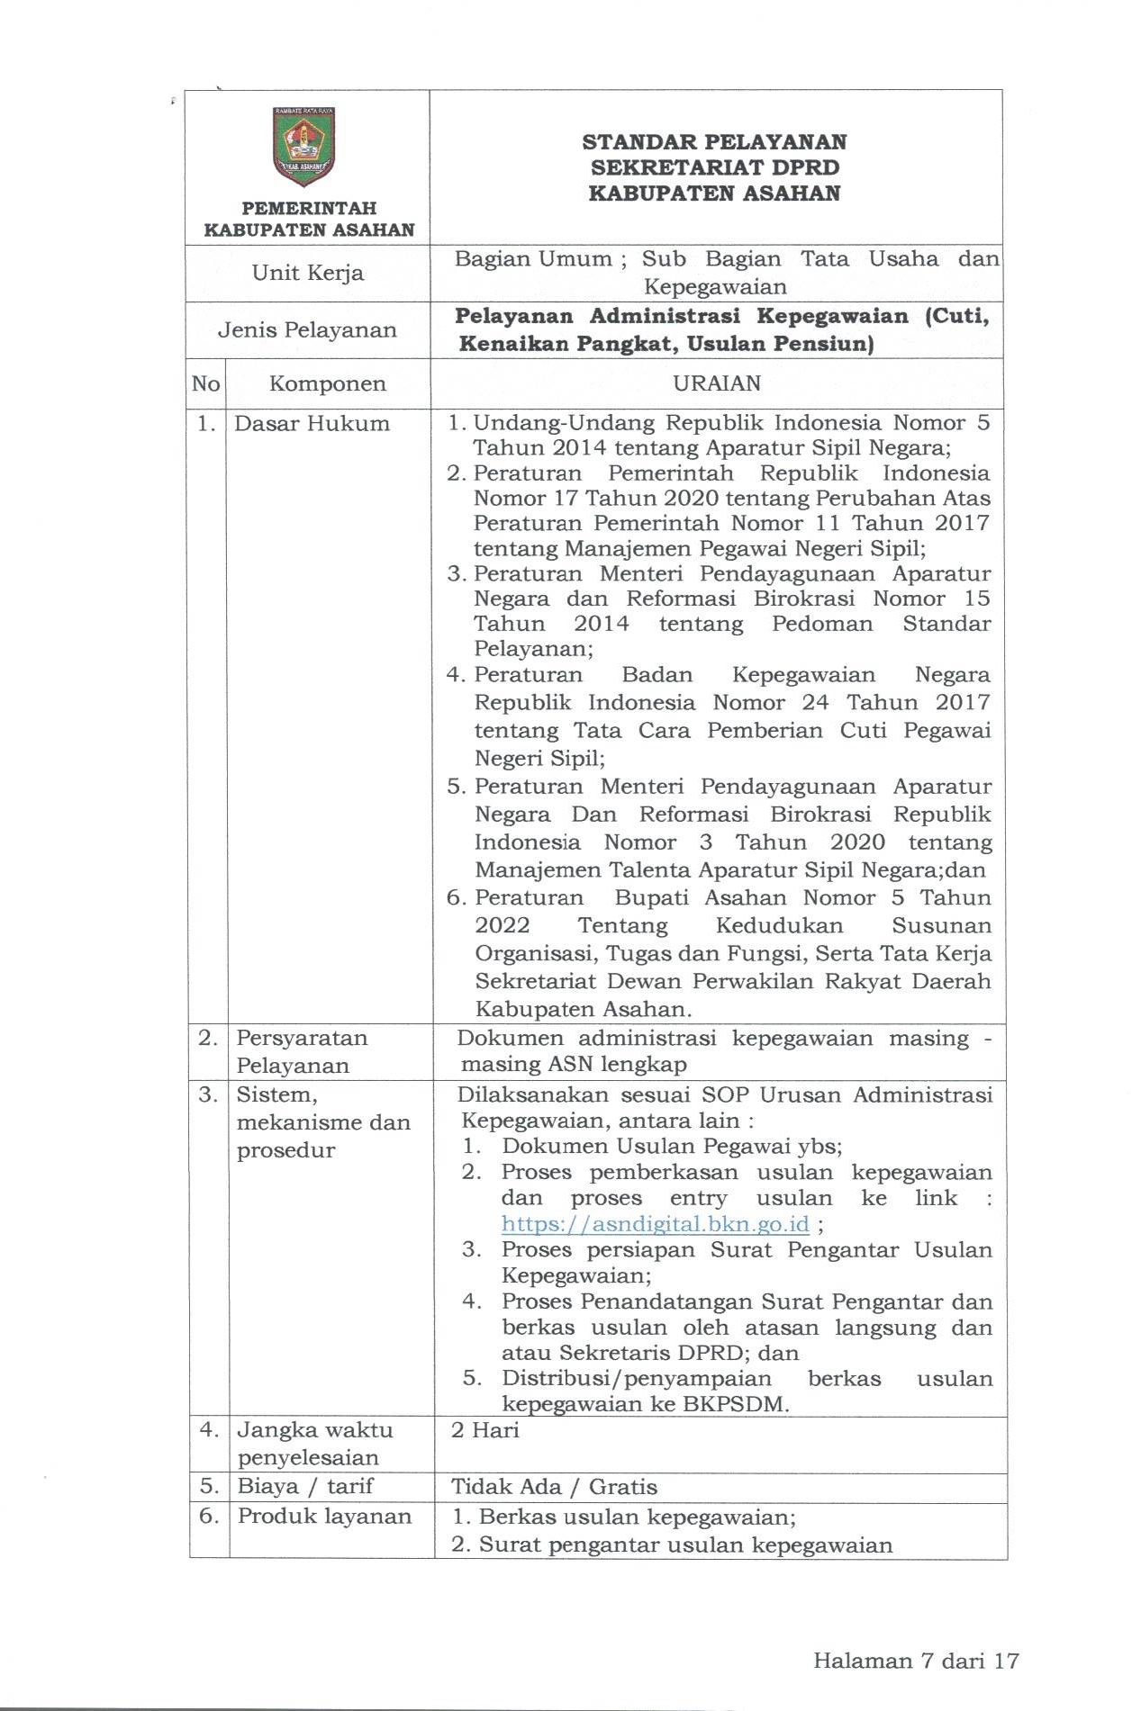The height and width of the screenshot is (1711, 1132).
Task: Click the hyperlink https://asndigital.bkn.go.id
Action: [655, 1224]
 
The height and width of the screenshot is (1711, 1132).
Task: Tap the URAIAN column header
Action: [717, 383]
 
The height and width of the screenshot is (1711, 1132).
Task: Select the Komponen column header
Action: [327, 384]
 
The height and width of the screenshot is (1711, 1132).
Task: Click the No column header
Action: [205, 384]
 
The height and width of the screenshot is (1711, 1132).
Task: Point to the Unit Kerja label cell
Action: [308, 273]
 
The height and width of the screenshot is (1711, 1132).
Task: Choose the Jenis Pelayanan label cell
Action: [307, 329]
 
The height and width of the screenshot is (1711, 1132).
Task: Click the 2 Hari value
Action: [485, 1430]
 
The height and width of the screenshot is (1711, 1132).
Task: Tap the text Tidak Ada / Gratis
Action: [554, 1487]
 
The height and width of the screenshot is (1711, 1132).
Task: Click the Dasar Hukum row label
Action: [312, 424]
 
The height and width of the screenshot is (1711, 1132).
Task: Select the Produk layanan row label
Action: [324, 1517]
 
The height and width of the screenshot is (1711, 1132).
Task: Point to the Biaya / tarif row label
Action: [305, 1486]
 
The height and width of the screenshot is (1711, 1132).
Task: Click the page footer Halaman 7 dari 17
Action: [915, 1661]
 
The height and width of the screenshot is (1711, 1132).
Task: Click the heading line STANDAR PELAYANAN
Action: [714, 142]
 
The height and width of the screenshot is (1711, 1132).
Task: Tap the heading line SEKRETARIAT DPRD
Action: [714, 167]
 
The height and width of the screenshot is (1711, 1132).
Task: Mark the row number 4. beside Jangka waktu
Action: [209, 1430]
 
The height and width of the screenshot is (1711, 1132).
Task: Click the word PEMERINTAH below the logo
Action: [309, 208]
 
